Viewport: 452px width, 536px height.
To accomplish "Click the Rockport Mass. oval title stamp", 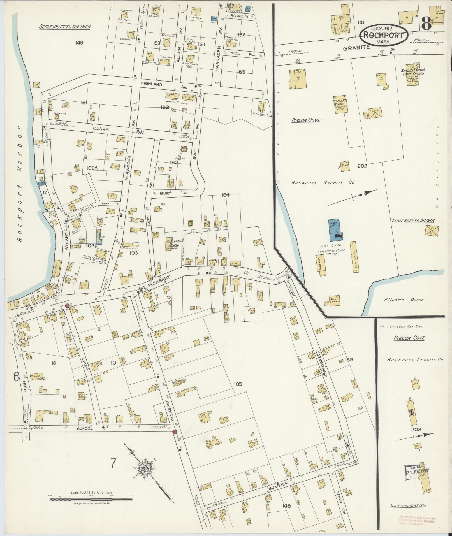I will pos(384,35).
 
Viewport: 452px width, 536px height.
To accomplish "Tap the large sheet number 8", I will pos(426,24).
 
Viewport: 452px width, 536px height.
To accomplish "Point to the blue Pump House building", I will pos(334,230).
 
